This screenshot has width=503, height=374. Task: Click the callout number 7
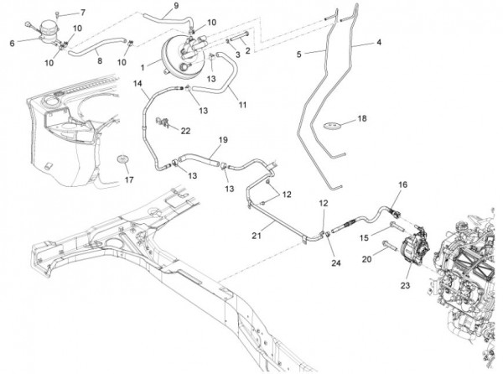click(82, 13)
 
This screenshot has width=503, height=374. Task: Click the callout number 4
click(379, 43)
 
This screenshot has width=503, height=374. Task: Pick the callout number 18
click(362, 119)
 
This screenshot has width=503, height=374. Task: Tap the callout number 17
click(128, 179)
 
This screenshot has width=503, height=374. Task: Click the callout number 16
click(402, 184)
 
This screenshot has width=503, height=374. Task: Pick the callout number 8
click(99, 61)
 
